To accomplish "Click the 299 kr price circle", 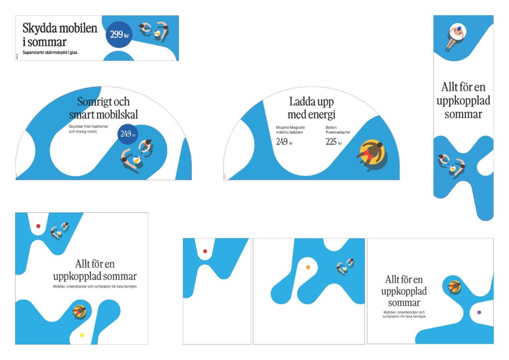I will (118, 35).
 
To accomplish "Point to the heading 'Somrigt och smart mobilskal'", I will (103, 108).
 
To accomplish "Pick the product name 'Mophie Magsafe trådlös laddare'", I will (291, 130).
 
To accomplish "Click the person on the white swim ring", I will (455, 34).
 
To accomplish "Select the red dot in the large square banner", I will (38, 226).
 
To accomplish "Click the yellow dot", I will (82, 335).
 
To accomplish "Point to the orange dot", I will (308, 268).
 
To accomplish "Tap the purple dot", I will (479, 312).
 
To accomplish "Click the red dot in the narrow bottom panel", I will (205, 251).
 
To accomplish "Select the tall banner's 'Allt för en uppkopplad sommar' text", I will (463, 100).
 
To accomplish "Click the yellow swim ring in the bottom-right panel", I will (454, 286).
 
